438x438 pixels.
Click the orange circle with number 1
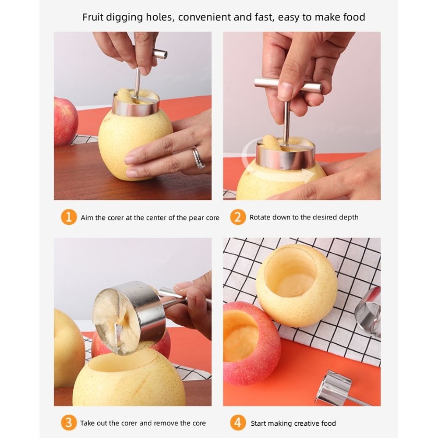(68, 217)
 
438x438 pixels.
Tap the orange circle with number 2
(237, 217)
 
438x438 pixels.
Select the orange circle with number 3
(68, 423)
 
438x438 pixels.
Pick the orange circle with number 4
(237, 423)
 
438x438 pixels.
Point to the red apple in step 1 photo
(65, 121)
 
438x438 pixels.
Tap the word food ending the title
(354, 17)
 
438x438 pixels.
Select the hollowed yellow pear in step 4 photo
(296, 285)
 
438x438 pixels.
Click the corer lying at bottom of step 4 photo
(335, 388)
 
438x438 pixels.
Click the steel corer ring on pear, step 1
(136, 107)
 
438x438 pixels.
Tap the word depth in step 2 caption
(349, 217)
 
